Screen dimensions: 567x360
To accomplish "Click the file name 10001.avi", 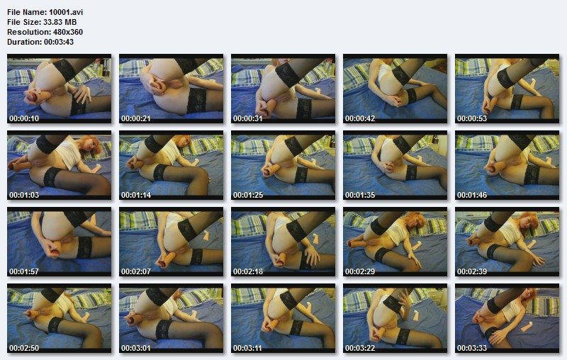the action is [66, 12].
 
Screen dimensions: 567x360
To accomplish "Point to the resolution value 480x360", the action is [68, 32].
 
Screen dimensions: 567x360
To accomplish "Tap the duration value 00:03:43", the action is [58, 42].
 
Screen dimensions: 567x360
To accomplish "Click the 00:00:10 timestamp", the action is [24, 118].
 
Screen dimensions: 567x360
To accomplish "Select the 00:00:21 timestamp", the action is [136, 118].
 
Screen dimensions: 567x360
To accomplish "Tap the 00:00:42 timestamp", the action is [360, 118].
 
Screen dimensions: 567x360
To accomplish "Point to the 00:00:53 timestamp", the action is [472, 118].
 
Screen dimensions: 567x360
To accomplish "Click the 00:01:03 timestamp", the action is [24, 195].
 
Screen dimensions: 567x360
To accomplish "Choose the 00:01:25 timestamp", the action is [248, 195].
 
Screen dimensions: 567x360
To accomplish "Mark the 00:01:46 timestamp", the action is [472, 195].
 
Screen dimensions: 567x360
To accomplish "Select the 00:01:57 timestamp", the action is [24, 271].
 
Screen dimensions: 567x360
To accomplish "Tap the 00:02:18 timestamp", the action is [248, 271].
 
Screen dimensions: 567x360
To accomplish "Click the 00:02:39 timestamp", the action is [472, 271].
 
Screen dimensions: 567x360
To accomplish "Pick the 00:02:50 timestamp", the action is [24, 348].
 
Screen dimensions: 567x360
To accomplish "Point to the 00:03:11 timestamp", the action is [248, 348].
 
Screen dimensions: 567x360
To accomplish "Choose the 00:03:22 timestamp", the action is [360, 348].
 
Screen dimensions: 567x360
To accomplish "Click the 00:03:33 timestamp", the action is [472, 348].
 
